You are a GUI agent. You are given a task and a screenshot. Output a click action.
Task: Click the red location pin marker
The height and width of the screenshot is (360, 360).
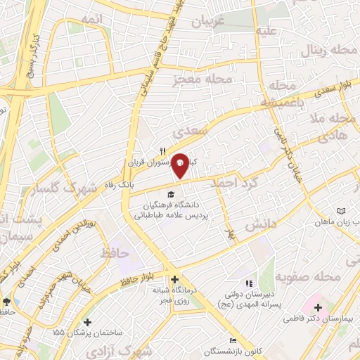pos(181,165)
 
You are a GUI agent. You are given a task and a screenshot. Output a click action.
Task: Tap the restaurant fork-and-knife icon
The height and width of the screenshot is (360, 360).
pos(163,150)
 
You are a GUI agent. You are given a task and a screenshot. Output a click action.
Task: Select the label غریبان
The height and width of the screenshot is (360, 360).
pos(206,21)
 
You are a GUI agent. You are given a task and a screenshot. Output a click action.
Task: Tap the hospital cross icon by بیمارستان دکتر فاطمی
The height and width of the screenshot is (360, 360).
pos(318,307)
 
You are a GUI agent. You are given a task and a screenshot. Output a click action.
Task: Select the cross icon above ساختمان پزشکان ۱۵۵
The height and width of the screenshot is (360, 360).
pos(87,321)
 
